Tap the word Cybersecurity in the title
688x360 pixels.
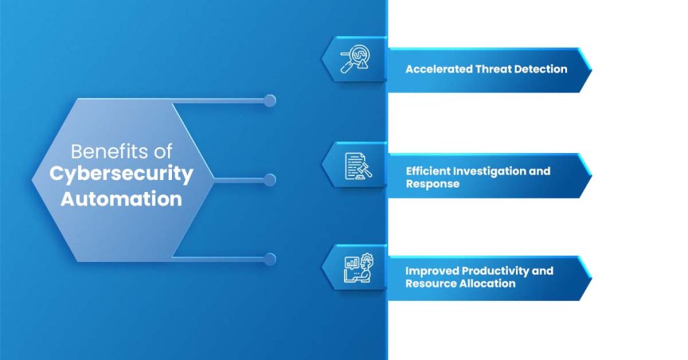pos(122,174)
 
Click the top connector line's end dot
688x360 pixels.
pos(270,101)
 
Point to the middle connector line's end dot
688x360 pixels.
pos(270,179)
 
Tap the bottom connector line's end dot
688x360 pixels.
pos(270,259)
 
